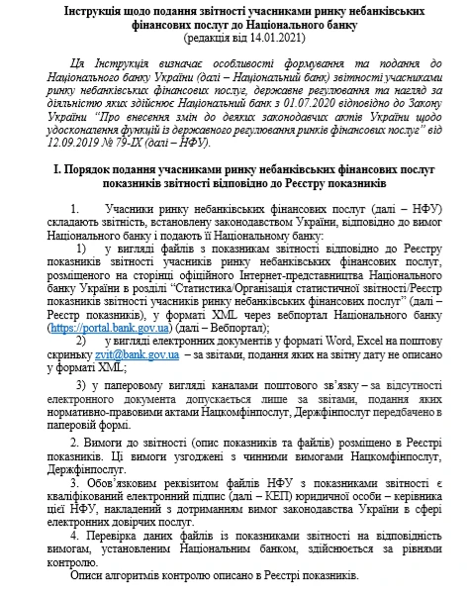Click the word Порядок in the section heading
click(92, 171)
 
